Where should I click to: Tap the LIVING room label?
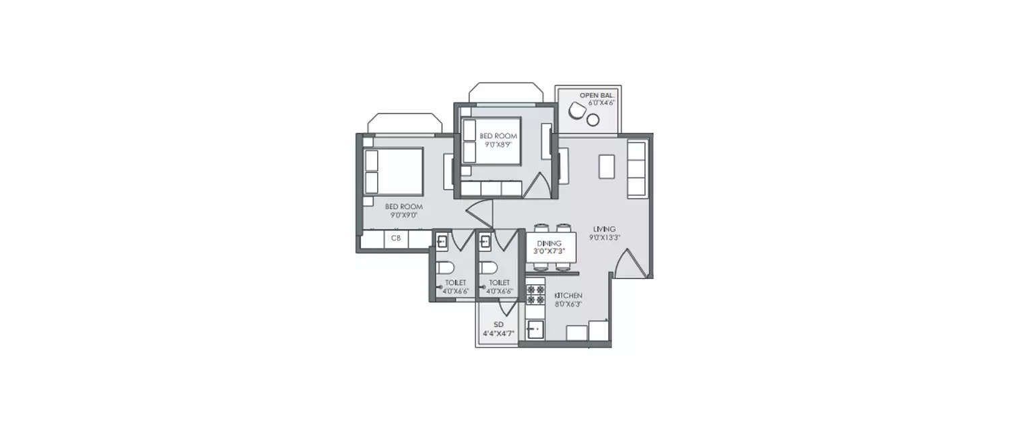point(605,229)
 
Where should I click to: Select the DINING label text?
point(549,243)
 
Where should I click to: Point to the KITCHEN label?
point(568,296)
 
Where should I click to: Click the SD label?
point(498,325)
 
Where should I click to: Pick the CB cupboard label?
point(396,238)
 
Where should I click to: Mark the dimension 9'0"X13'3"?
point(605,238)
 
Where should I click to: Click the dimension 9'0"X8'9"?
point(498,144)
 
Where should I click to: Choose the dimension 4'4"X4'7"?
point(498,333)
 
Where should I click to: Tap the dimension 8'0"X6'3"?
point(568,304)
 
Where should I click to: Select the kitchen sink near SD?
point(536,329)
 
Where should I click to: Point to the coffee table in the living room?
point(607,166)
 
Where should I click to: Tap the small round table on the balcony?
point(593,120)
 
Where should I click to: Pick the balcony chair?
point(578,109)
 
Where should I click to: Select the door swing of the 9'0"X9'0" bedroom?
point(479,216)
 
